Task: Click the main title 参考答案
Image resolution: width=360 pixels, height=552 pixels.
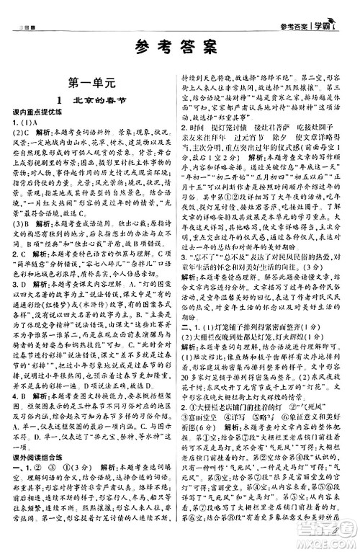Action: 179,48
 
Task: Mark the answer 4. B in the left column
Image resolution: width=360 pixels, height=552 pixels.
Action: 22,396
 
